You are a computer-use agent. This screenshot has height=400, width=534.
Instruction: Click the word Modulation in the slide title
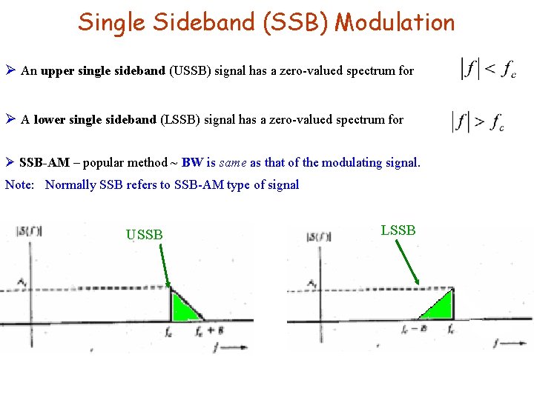pyautogui.click(x=395, y=22)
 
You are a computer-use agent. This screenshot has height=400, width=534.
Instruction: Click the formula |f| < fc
pyautogui.click(x=488, y=70)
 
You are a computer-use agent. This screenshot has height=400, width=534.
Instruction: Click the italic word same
pyautogui.click(x=234, y=162)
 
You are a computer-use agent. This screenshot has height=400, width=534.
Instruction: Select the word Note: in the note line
pyautogui.click(x=20, y=185)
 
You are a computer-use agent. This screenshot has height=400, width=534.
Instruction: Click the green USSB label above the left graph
pyautogui.click(x=144, y=235)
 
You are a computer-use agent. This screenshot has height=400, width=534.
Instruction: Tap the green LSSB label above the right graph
pyautogui.click(x=398, y=230)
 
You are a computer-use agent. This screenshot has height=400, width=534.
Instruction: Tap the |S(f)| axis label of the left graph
pyautogui.click(x=29, y=231)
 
